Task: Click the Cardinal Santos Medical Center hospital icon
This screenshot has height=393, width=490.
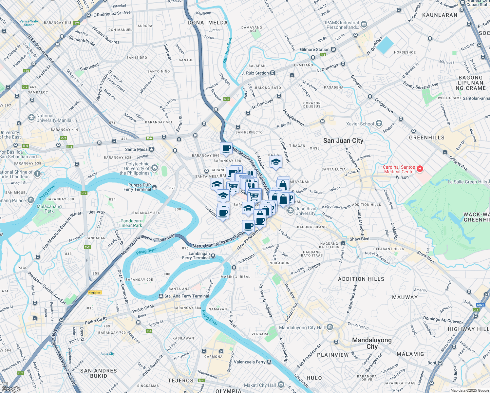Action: pyautogui.click(x=420, y=169)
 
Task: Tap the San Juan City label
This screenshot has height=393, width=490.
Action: pyautogui.click(x=343, y=141)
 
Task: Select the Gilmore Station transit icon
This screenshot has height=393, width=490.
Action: pyautogui.click(x=333, y=49)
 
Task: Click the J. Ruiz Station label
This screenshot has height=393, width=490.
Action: pyautogui.click(x=255, y=73)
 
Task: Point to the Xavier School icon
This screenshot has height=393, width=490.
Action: pyautogui.click(x=379, y=123)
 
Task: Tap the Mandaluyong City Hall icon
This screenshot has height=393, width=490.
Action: pyautogui.click(x=330, y=327)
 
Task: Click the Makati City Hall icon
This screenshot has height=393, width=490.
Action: pyautogui.click(x=281, y=385)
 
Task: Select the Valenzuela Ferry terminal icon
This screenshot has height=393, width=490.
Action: pyautogui.click(x=269, y=362)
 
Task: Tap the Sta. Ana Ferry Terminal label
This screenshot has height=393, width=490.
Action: pyautogui.click(x=186, y=296)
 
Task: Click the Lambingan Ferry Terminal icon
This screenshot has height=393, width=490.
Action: pyautogui.click(x=213, y=256)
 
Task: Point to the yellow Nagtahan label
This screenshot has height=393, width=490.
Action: pyautogui.click(x=95, y=292)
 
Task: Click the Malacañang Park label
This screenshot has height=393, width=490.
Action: pyautogui.click(x=49, y=209)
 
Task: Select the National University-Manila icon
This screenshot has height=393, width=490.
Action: pyautogui.click(x=31, y=118)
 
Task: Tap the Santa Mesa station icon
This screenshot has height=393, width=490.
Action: pyautogui.click(x=152, y=149)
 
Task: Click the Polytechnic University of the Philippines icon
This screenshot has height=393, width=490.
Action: pyautogui.click(x=155, y=168)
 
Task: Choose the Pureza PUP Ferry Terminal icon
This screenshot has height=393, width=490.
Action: pyautogui.click(x=154, y=187)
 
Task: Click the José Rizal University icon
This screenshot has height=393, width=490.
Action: pyautogui.click(x=291, y=211)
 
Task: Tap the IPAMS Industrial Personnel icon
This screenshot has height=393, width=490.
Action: pyautogui.click(x=364, y=25)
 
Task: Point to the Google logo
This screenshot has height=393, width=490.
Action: pyautogui.click(x=11, y=389)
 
